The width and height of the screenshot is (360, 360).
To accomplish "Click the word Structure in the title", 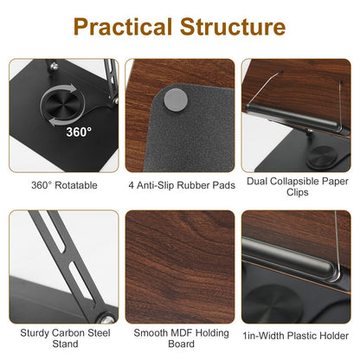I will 232,27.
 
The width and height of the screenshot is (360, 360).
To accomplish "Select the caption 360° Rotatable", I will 64,184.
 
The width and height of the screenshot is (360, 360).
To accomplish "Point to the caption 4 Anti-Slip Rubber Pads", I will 180,184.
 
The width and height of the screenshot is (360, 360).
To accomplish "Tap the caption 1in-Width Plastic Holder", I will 296,331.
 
